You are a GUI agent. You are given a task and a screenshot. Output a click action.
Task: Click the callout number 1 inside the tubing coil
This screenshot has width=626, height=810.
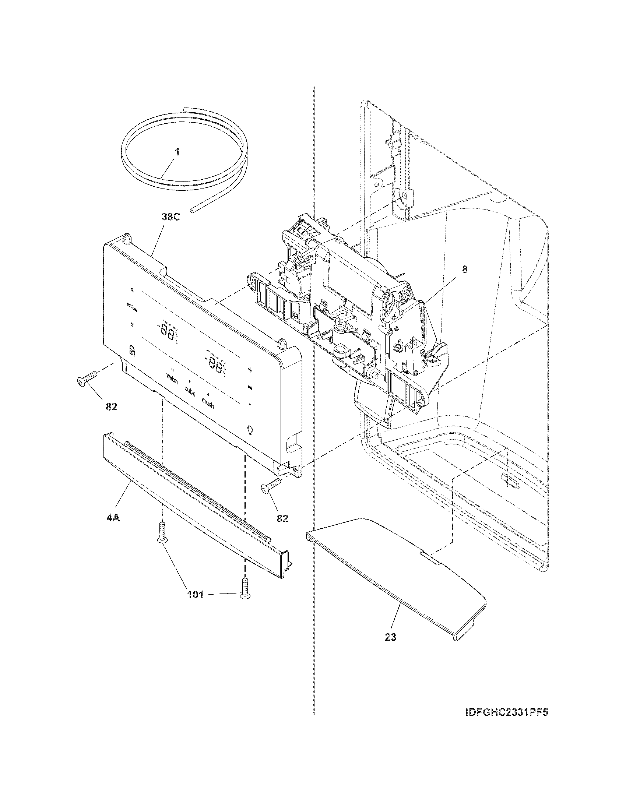(177, 152)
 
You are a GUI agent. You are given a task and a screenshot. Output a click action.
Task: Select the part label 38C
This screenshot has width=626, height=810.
(170, 217)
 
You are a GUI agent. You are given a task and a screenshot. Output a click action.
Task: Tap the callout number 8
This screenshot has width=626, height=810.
(465, 270)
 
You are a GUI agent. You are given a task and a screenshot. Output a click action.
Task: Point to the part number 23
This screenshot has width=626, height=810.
(390, 637)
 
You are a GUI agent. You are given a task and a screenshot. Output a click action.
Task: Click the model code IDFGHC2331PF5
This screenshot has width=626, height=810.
(506, 722)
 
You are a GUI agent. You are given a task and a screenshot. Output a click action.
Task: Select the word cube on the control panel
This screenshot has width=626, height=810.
(190, 391)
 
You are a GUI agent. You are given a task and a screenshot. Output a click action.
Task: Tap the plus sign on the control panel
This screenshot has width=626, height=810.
(250, 369)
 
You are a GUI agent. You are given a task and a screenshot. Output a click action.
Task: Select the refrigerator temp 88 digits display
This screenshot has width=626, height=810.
(214, 365)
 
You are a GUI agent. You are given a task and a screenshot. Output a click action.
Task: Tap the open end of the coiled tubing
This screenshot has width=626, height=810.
(191, 211)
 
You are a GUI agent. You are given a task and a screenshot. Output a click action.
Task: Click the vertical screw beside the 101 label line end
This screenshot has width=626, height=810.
(245, 588)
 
